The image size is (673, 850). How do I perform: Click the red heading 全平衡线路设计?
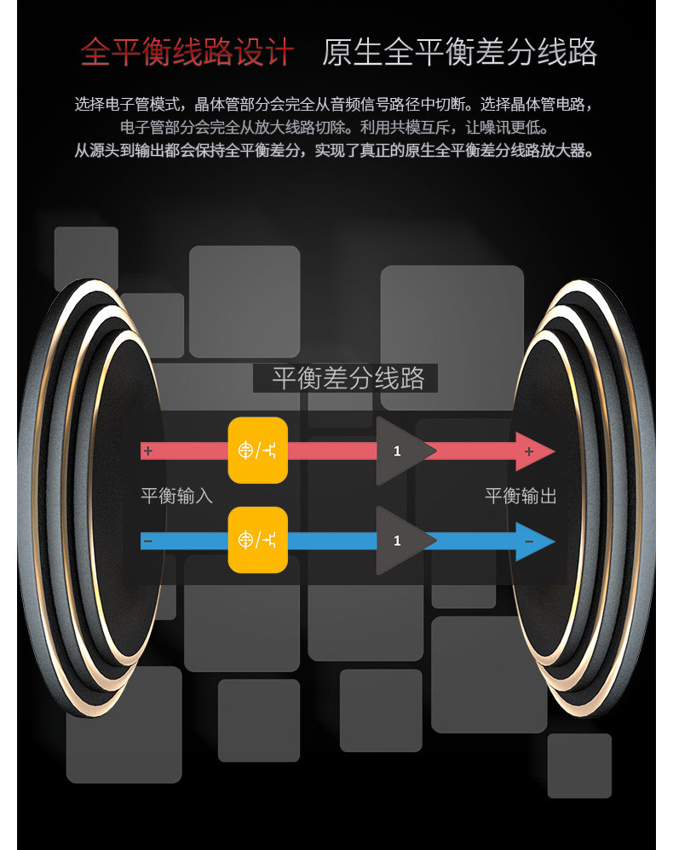click(187, 53)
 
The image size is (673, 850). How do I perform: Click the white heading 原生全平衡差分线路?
click(459, 53)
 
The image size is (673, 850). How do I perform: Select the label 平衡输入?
click(176, 496)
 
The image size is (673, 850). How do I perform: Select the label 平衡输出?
click(521, 496)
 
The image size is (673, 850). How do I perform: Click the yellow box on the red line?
click(257, 451)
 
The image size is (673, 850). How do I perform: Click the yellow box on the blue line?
click(257, 540)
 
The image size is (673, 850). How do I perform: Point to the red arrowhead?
click(533, 451)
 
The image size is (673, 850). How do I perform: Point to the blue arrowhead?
click(533, 541)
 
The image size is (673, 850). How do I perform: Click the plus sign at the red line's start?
click(148, 451)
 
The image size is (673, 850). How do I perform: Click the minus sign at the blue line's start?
click(148, 541)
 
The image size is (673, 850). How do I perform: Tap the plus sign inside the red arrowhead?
click(529, 451)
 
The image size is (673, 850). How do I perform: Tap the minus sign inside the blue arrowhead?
click(529, 542)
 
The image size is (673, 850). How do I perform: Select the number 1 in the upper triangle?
click(397, 451)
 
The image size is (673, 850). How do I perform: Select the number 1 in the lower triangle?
click(397, 541)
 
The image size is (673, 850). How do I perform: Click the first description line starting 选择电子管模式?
click(333, 106)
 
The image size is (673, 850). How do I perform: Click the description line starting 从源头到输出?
click(333, 152)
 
